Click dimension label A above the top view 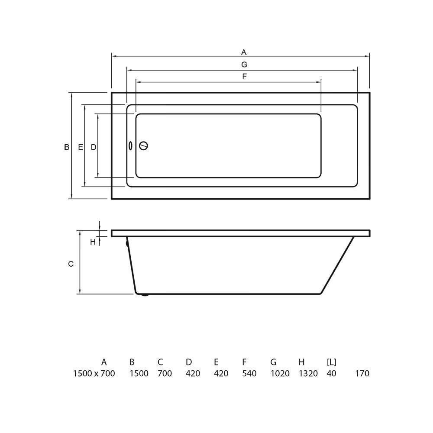pyautogui.click(x=244, y=52)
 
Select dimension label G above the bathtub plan pyautogui.click(x=244, y=65)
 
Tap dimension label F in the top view pyautogui.click(x=244, y=77)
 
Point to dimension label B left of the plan pyautogui.click(x=67, y=147)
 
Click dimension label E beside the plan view pyautogui.click(x=81, y=147)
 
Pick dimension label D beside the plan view pyautogui.click(x=94, y=147)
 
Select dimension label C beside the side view pyautogui.click(x=71, y=264)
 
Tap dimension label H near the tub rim pyautogui.click(x=93, y=242)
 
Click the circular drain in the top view pyautogui.click(x=143, y=146)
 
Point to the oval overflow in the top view pyautogui.click(x=130, y=146)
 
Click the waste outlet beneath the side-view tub pyautogui.click(x=144, y=295)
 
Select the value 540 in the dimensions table pyautogui.click(x=249, y=373)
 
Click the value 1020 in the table pyautogui.click(x=280, y=373)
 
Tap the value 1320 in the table pyautogui.click(x=308, y=373)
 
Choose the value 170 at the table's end pyautogui.click(x=362, y=373)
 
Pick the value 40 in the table pyautogui.click(x=332, y=373)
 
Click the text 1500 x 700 pyautogui.click(x=94, y=373)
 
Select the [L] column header pyautogui.click(x=332, y=362)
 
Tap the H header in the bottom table pyautogui.click(x=301, y=362)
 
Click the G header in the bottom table pyautogui.click(x=273, y=362)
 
